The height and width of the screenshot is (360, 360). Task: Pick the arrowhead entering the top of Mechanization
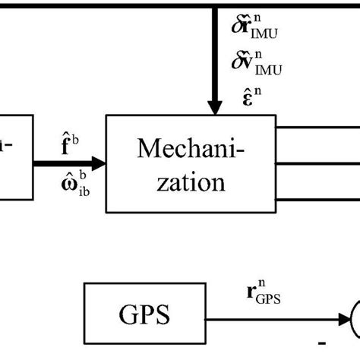(214, 109)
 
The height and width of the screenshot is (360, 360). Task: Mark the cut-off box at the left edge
(16, 157)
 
